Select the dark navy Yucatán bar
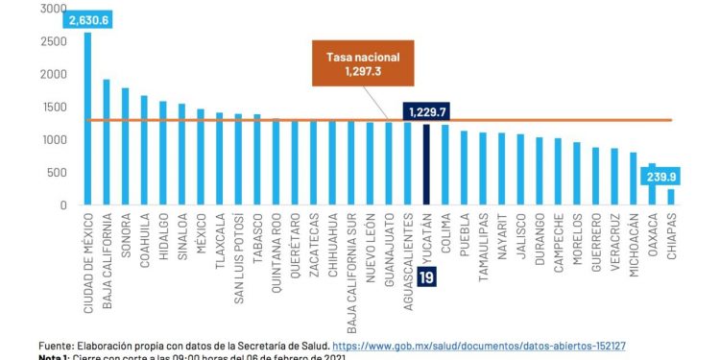point(426,164)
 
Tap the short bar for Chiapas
point(670,197)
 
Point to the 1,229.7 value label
point(426,111)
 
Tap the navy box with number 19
point(426,276)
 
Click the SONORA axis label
point(126,236)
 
